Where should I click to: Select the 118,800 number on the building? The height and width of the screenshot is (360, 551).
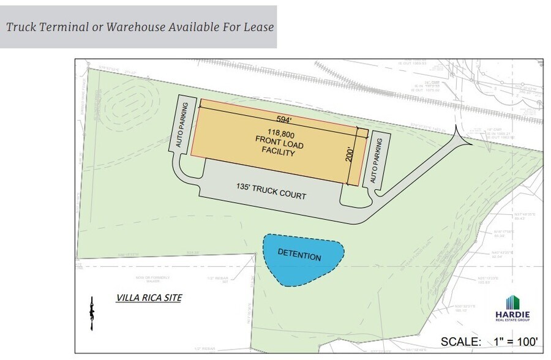pos(279,131)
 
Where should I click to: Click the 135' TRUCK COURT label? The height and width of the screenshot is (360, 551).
pos(271,192)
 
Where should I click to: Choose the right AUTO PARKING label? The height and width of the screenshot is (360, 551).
pos(377,160)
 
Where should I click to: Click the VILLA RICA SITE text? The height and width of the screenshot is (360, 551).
pos(149,298)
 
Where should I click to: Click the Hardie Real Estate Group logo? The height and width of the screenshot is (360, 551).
pos(512,308)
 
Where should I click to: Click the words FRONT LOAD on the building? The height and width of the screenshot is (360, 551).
pos(278,141)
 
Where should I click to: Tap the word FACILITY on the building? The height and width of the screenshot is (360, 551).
pos(278,151)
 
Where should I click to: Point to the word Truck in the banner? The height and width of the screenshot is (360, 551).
pos(20,27)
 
